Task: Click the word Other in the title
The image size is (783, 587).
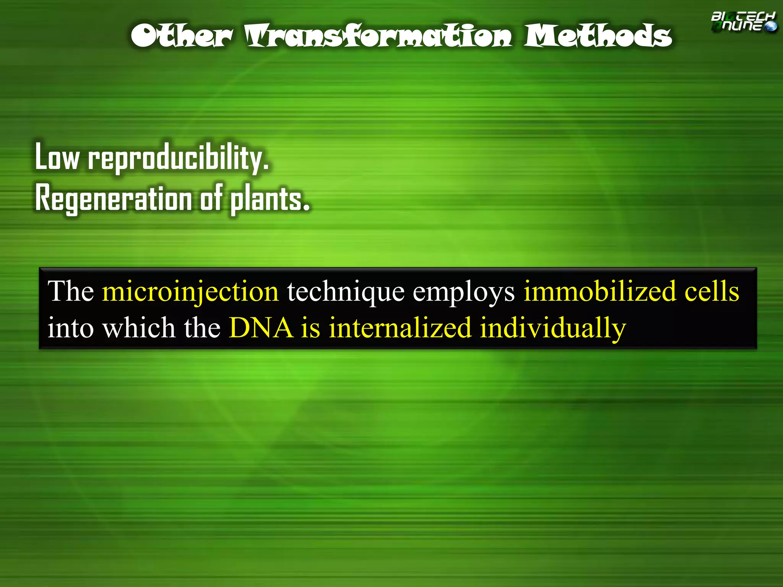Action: (x=181, y=36)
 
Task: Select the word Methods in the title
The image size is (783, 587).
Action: (x=597, y=36)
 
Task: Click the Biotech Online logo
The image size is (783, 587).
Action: (x=743, y=22)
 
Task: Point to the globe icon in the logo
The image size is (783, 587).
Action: (x=770, y=26)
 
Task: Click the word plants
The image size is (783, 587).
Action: (x=270, y=199)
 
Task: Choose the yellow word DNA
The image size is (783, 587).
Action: (x=261, y=328)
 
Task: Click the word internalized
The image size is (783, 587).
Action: (x=400, y=328)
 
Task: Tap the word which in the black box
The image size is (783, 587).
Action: (x=139, y=328)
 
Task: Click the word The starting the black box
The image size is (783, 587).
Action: (x=71, y=291)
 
